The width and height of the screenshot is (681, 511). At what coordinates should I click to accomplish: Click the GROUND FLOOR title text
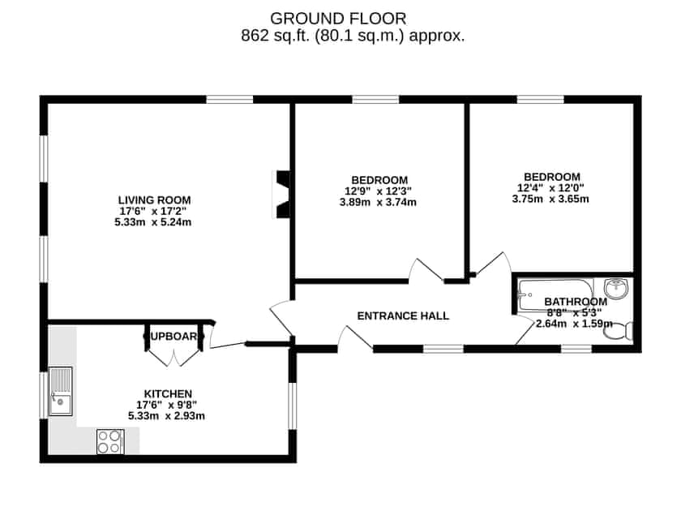pos(339,18)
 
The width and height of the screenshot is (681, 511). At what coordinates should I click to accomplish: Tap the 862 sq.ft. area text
pos(353,36)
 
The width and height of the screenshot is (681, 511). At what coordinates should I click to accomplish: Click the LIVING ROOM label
pos(154,200)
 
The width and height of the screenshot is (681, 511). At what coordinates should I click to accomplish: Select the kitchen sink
pos(60,391)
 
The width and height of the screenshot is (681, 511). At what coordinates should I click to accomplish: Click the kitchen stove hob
pos(109,440)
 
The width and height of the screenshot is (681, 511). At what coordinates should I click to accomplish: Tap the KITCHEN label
pos(168,393)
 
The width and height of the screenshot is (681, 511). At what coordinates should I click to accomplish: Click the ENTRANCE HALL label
pos(403,316)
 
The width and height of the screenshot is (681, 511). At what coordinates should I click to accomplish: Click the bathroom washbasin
pos(616,288)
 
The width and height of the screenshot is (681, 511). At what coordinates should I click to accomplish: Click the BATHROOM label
pos(575,302)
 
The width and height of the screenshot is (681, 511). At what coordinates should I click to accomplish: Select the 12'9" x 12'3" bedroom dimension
pos(379,191)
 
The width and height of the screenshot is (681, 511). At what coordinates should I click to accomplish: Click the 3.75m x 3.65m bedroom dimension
pos(550,200)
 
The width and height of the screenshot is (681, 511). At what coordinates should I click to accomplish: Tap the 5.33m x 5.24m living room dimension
pos(154,222)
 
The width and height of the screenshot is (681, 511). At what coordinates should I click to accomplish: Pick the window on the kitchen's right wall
pos(293,403)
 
